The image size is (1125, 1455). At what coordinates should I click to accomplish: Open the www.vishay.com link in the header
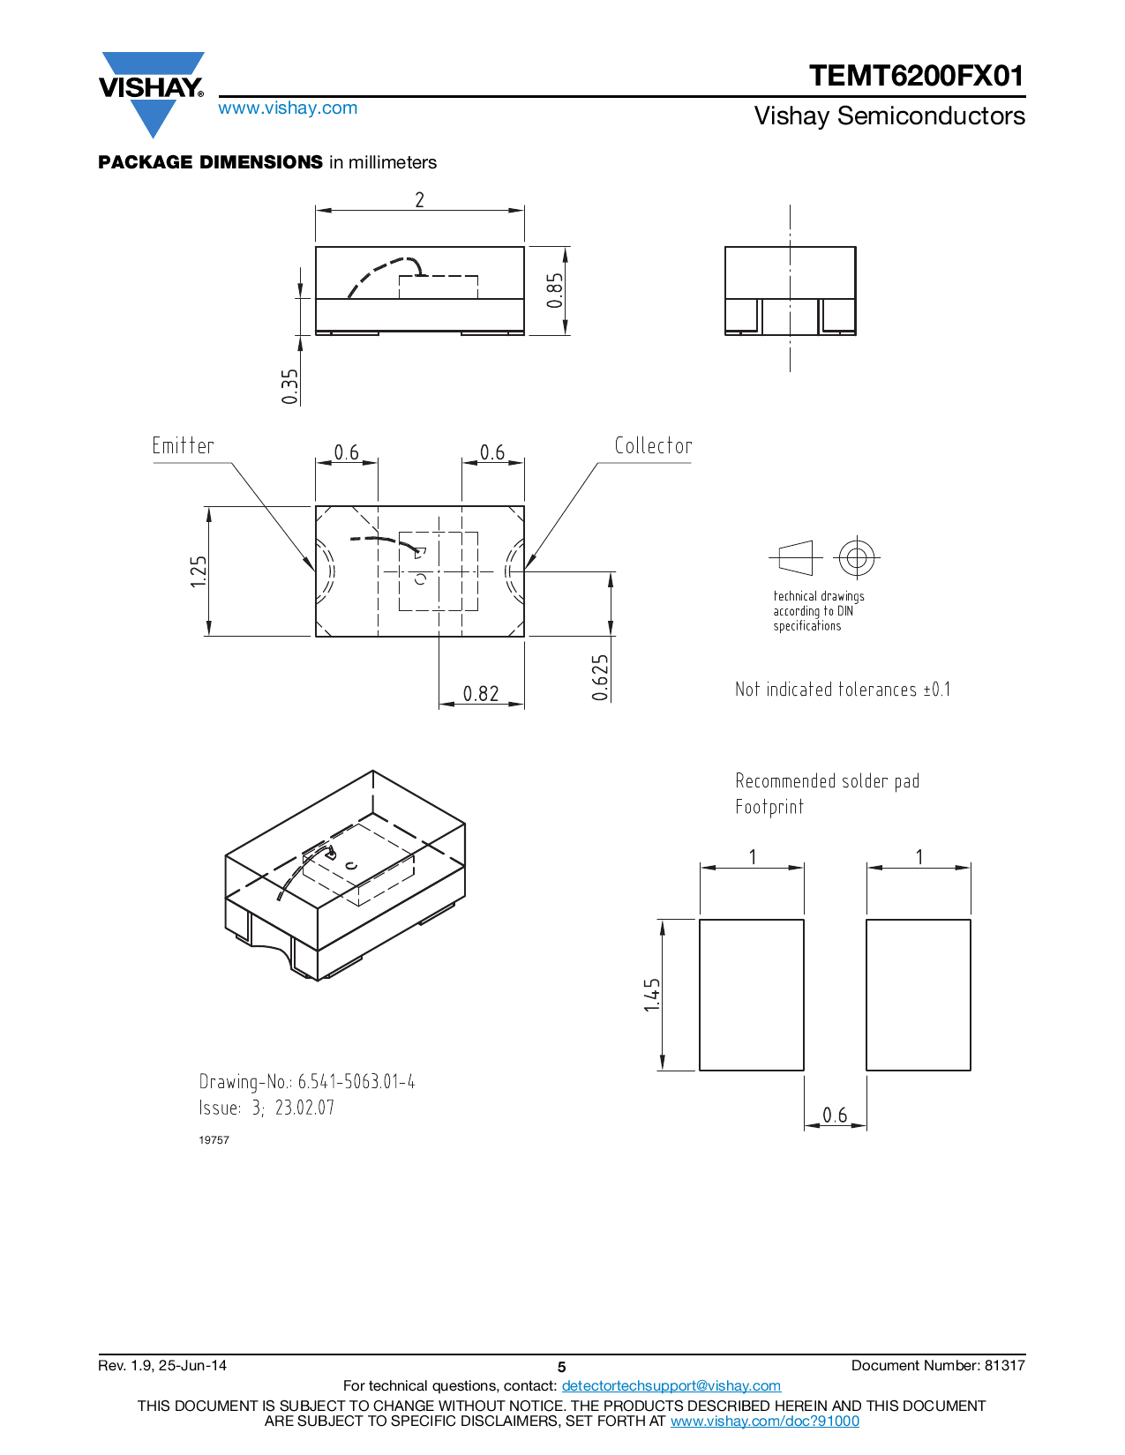(x=288, y=108)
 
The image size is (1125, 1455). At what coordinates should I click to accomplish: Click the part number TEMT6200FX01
(x=916, y=76)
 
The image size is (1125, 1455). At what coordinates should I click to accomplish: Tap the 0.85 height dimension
(x=554, y=290)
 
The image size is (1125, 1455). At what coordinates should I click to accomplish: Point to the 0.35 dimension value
(x=290, y=386)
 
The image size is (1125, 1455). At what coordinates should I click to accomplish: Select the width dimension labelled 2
(x=420, y=200)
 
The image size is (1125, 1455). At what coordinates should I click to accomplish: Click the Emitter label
(x=183, y=446)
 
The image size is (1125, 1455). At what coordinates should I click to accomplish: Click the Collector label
(x=653, y=446)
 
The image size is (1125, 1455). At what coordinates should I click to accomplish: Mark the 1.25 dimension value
(x=199, y=571)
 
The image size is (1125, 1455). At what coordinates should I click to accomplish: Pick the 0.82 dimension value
(x=481, y=694)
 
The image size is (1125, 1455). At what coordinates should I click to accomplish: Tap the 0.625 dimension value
(x=600, y=677)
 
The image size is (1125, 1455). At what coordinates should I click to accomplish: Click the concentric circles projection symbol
(x=856, y=557)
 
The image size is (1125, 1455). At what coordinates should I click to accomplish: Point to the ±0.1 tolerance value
(x=937, y=690)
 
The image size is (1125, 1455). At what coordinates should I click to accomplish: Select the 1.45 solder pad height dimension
(x=652, y=995)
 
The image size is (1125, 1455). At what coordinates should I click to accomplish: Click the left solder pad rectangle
(x=752, y=995)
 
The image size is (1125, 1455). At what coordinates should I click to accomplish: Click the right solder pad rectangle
(x=919, y=995)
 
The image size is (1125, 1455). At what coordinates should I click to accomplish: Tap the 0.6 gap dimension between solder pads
(x=835, y=1115)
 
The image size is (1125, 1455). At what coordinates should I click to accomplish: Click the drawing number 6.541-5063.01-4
(x=356, y=1082)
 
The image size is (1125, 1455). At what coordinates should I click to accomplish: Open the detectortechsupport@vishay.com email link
(x=671, y=1386)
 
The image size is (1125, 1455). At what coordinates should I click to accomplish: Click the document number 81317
(x=1004, y=1365)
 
